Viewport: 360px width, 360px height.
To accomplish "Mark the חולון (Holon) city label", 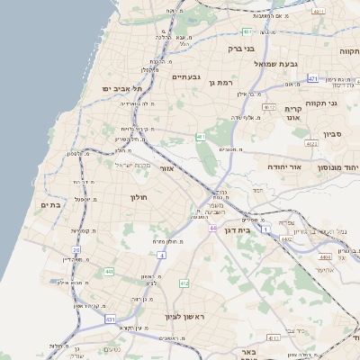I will (x=138, y=196).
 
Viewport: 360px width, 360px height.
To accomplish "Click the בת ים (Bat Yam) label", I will (x=50, y=205).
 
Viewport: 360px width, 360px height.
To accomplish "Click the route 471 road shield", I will (x=312, y=79).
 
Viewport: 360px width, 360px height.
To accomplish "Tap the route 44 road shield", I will (x=213, y=229).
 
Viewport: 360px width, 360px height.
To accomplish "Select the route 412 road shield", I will (x=184, y=283).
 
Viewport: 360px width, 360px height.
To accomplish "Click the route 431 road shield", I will (x=110, y=319).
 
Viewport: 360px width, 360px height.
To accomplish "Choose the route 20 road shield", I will (x=76, y=249).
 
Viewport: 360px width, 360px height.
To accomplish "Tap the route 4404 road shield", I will (x=324, y=256).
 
